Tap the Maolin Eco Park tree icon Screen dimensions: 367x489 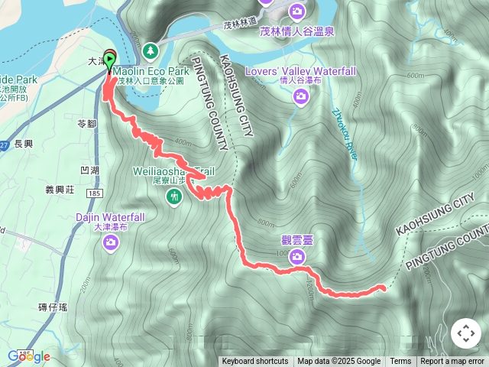click(151, 49)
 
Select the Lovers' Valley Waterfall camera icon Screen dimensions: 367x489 click(301, 96)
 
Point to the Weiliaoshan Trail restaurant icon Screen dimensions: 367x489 click(175, 197)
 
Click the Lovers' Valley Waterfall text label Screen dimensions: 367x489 click(300, 71)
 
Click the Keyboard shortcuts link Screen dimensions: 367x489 click(254, 362)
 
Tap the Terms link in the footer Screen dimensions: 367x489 click(400, 362)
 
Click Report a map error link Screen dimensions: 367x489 click(453, 362)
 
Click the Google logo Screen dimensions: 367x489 click(28, 356)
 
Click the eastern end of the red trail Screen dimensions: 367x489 click(382, 287)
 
